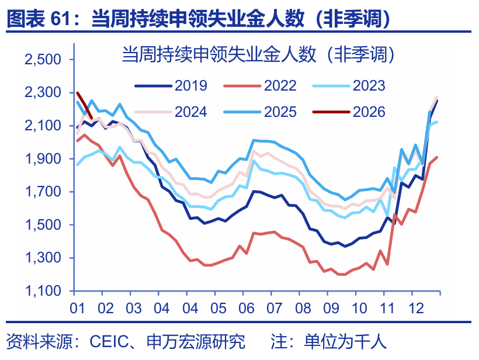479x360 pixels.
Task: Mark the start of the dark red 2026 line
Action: pos(78,92)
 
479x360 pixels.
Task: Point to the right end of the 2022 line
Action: pos(438,157)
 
